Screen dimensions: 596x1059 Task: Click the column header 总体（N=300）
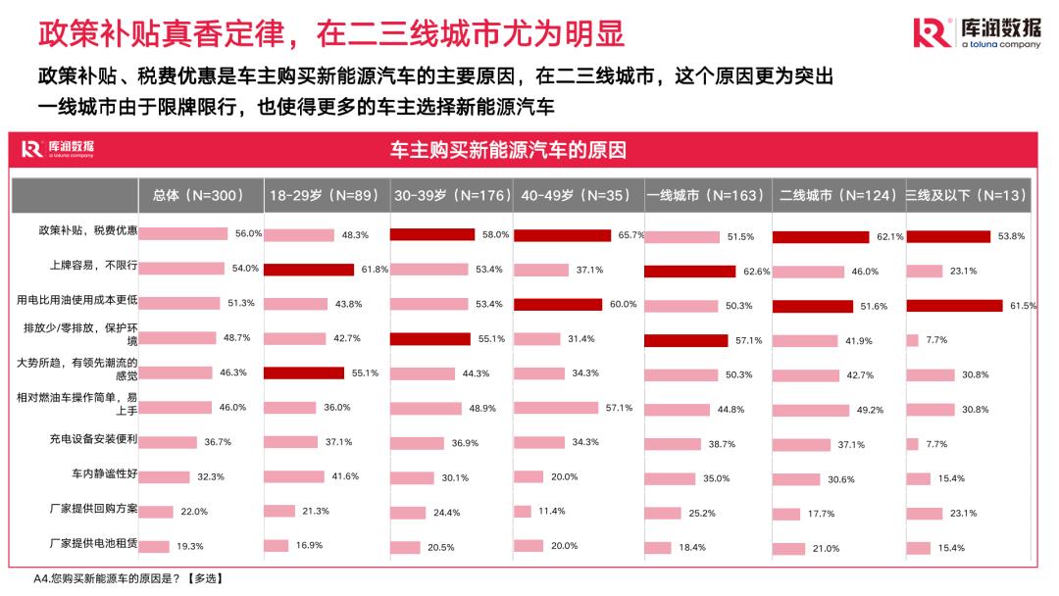click(200, 195)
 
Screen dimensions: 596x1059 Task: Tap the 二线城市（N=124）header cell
click(838, 195)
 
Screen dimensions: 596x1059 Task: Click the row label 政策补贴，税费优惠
click(87, 232)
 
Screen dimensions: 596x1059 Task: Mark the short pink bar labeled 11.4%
click(522, 512)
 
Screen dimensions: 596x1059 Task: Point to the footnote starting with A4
click(128, 579)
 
